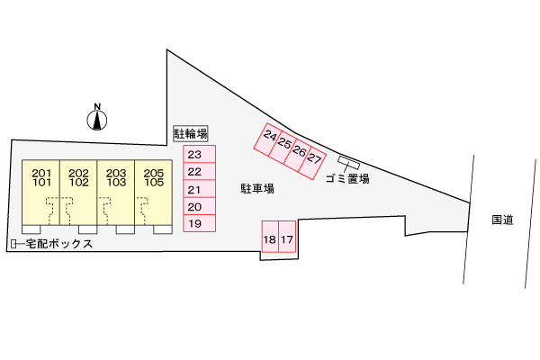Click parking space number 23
click(200, 154)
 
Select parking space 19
click(200, 223)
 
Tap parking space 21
click(200, 189)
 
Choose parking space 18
click(270, 237)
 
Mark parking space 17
click(287, 237)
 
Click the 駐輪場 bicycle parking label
click(191, 134)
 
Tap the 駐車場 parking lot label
click(257, 189)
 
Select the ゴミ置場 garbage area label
click(347, 179)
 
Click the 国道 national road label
click(502, 220)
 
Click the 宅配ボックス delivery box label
click(59, 244)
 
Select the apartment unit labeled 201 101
click(41, 193)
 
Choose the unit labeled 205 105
click(154, 193)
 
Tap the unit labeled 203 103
click(116, 193)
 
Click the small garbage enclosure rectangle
click(349, 163)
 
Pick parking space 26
click(298, 153)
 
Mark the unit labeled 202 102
click(78, 193)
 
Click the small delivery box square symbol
click(13, 244)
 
